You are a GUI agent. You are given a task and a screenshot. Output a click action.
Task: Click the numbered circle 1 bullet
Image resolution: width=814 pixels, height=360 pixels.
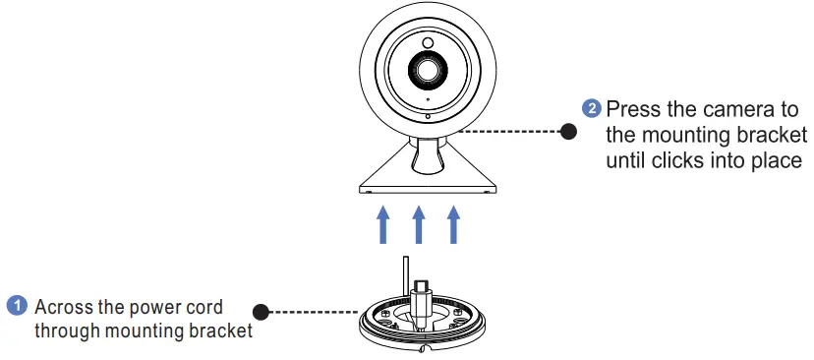point(17,306)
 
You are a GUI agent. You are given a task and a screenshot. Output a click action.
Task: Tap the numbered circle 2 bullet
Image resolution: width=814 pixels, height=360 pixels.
point(591,107)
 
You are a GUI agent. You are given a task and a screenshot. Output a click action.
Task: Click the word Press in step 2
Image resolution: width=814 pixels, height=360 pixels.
point(631,108)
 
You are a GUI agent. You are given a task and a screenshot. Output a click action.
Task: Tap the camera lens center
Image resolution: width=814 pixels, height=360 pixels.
point(427,70)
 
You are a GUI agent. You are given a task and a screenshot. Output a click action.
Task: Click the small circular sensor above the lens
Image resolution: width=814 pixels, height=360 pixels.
point(428,43)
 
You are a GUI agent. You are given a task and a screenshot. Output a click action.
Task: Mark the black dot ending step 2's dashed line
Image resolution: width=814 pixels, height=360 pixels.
point(567,131)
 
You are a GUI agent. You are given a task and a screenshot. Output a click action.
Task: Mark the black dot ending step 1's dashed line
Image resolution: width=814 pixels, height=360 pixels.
point(261,312)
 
